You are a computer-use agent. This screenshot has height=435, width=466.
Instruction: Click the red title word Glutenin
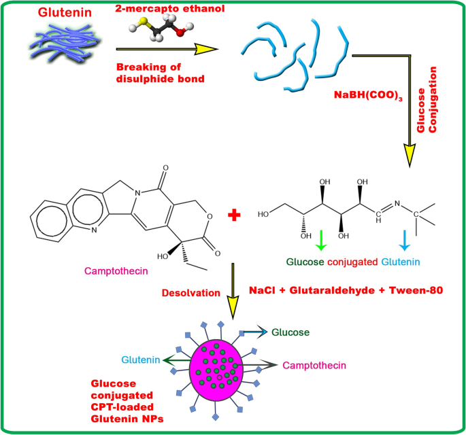pyautogui.click(x=62, y=12)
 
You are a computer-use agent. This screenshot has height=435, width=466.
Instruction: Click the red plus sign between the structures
pyautogui.click(x=235, y=215)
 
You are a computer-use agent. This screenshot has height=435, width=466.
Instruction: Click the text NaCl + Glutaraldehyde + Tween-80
pyautogui.click(x=346, y=290)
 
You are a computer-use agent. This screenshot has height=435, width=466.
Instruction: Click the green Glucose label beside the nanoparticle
pyautogui.click(x=290, y=332)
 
